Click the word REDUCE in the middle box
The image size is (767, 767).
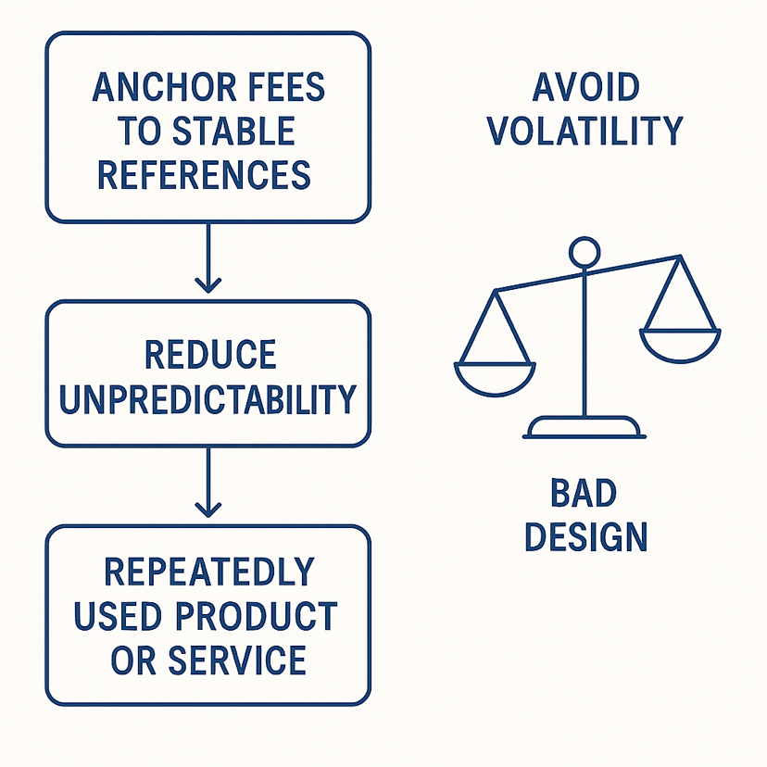(210, 356)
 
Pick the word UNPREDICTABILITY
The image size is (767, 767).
(207, 398)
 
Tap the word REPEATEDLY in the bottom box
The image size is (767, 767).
(208, 572)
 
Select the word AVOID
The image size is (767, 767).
(585, 89)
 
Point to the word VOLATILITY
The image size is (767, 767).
(585, 131)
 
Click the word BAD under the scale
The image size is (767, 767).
(585, 495)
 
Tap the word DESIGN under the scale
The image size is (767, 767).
(585, 537)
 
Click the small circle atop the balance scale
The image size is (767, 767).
(585, 251)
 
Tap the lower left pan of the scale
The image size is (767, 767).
(495, 375)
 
